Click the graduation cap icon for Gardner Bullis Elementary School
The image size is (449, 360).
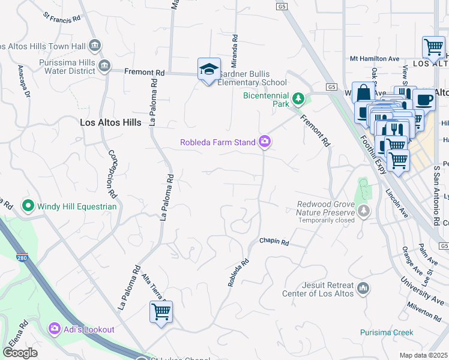pyautogui.click(x=208, y=70)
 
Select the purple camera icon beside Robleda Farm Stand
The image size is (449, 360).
pyautogui.click(x=264, y=142)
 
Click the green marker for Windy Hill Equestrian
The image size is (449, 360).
pyautogui.click(x=28, y=206)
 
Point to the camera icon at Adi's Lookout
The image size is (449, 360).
pyautogui.click(x=55, y=329)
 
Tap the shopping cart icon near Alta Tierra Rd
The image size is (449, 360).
pyautogui.click(x=161, y=312)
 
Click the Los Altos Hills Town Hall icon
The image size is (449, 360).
pyautogui.click(x=94, y=46)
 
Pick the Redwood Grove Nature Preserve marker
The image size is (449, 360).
pyautogui.click(x=363, y=211)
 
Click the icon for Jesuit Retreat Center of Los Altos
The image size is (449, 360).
pyautogui.click(x=363, y=289)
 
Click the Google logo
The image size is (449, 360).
pyautogui.click(x=20, y=353)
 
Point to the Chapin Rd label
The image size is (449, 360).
pyautogui.click(x=274, y=242)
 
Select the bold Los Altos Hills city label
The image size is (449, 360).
pyautogui.click(x=110, y=122)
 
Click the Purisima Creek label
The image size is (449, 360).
pyautogui.click(x=387, y=332)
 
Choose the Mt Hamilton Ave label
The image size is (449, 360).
pyautogui.click(x=375, y=59)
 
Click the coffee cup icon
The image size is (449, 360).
pyautogui.click(x=424, y=100)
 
